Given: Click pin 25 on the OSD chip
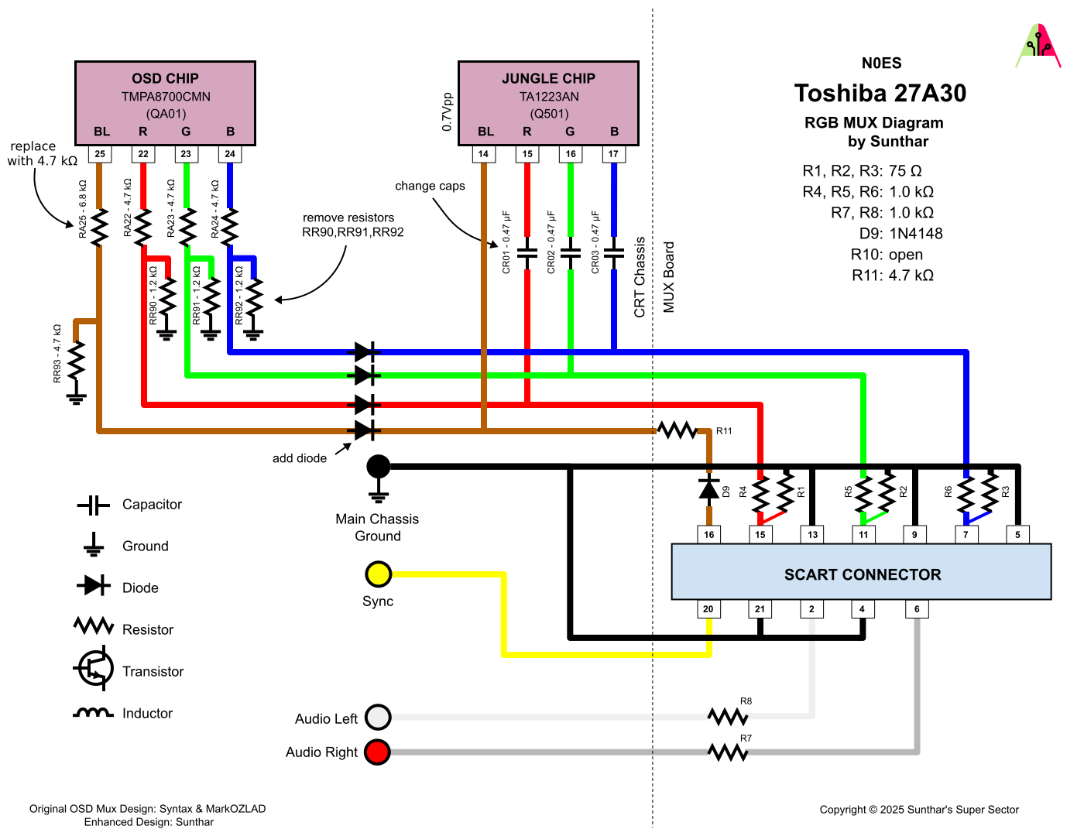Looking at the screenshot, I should [x=100, y=154].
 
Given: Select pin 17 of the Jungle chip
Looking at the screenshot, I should [x=613, y=154].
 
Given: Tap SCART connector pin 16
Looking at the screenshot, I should [x=708, y=534].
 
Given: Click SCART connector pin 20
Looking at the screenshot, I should [x=708, y=609].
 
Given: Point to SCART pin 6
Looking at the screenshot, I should [x=917, y=609].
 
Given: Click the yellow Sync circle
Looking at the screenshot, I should [x=378, y=574].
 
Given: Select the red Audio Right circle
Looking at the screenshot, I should [x=378, y=752].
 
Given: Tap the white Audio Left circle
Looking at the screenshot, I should [x=378, y=718].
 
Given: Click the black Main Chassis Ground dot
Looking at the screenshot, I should [x=378, y=467].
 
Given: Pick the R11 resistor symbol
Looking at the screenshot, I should [x=677, y=430].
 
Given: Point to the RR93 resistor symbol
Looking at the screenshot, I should [x=76, y=361].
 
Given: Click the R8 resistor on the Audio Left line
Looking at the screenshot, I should [x=728, y=717].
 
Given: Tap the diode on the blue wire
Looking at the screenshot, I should [x=364, y=353].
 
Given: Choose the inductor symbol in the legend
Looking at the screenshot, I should [x=94, y=713].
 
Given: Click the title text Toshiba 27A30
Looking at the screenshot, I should [x=880, y=94].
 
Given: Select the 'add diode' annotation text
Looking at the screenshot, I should [x=300, y=458].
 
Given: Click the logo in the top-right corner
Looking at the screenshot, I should [x=1038, y=46].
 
